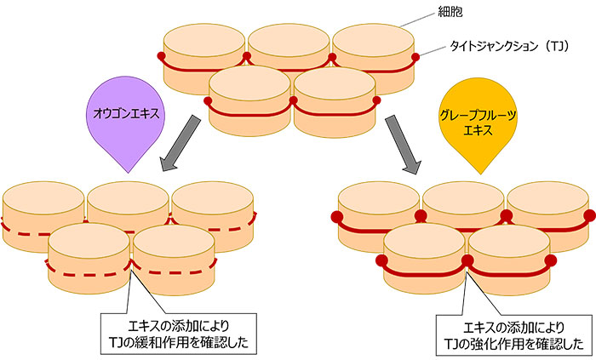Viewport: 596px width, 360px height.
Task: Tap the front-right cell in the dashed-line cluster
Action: point(173,251)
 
